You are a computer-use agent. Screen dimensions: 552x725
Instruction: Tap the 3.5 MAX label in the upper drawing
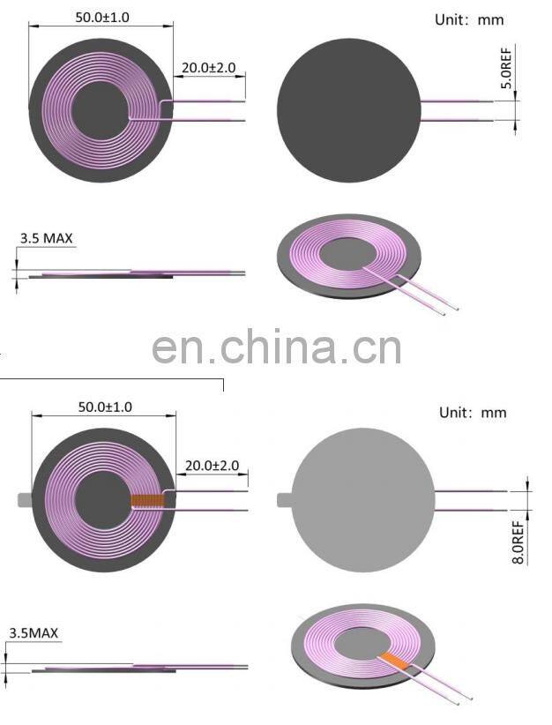[46, 238]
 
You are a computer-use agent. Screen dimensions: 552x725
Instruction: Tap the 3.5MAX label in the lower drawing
[34, 632]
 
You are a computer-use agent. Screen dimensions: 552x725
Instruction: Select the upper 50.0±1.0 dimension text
[101, 16]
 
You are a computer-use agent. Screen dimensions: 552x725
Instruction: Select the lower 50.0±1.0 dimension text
[105, 407]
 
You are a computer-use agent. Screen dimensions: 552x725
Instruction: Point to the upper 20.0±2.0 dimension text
[209, 67]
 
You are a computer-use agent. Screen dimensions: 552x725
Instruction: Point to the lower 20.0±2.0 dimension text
[212, 465]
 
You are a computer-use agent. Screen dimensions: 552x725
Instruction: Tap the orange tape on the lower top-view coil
[146, 501]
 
